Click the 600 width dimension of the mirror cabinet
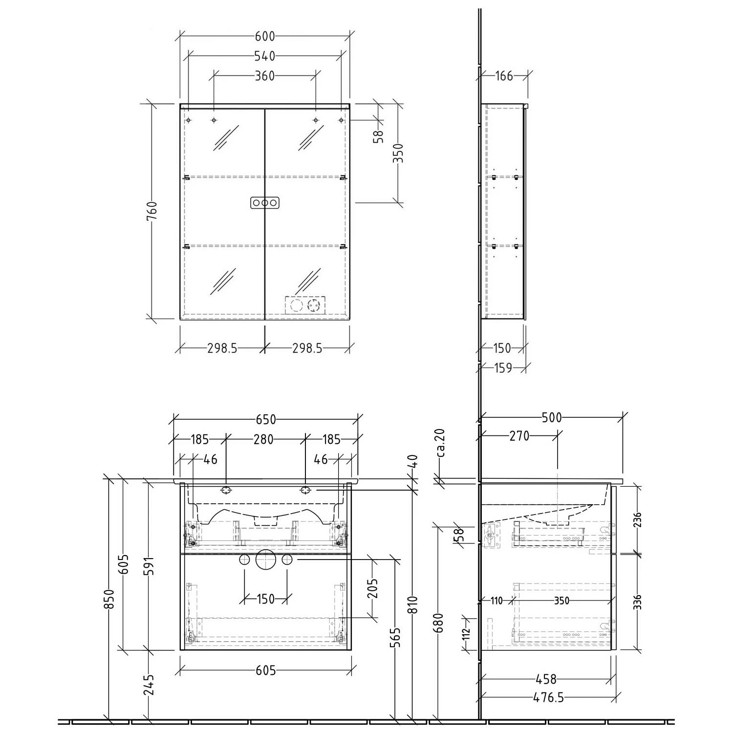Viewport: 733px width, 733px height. [265, 36]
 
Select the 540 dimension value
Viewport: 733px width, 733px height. [265, 56]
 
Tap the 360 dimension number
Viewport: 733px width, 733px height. [265, 76]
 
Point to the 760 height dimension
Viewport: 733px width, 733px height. [153, 211]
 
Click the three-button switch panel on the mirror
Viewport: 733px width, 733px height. [265, 203]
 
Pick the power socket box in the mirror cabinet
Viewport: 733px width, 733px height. [305, 306]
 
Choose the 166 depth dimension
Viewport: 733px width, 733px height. [504, 76]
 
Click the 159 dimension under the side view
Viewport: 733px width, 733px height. [502, 367]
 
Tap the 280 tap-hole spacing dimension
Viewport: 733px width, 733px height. [263, 439]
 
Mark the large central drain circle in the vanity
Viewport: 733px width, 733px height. [265, 560]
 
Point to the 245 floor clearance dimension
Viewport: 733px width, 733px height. [149, 684]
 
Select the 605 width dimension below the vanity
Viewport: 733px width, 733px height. [266, 671]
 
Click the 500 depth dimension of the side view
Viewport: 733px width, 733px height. [552, 418]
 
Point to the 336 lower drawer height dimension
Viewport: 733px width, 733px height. [637, 602]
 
